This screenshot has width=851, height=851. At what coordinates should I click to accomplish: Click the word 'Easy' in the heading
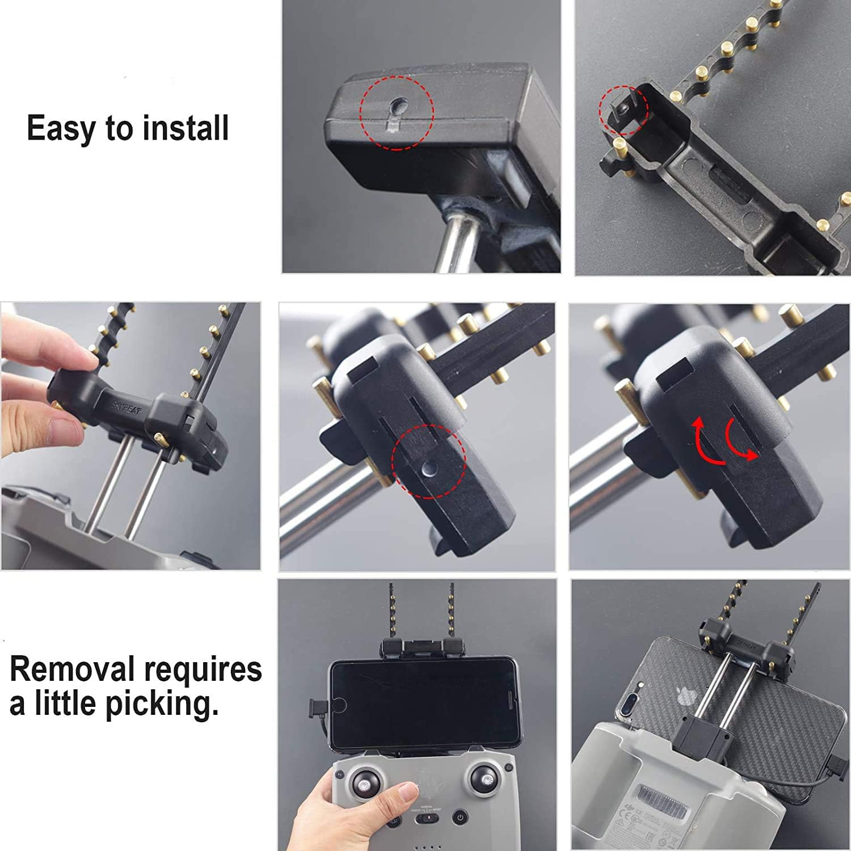pos(61,129)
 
